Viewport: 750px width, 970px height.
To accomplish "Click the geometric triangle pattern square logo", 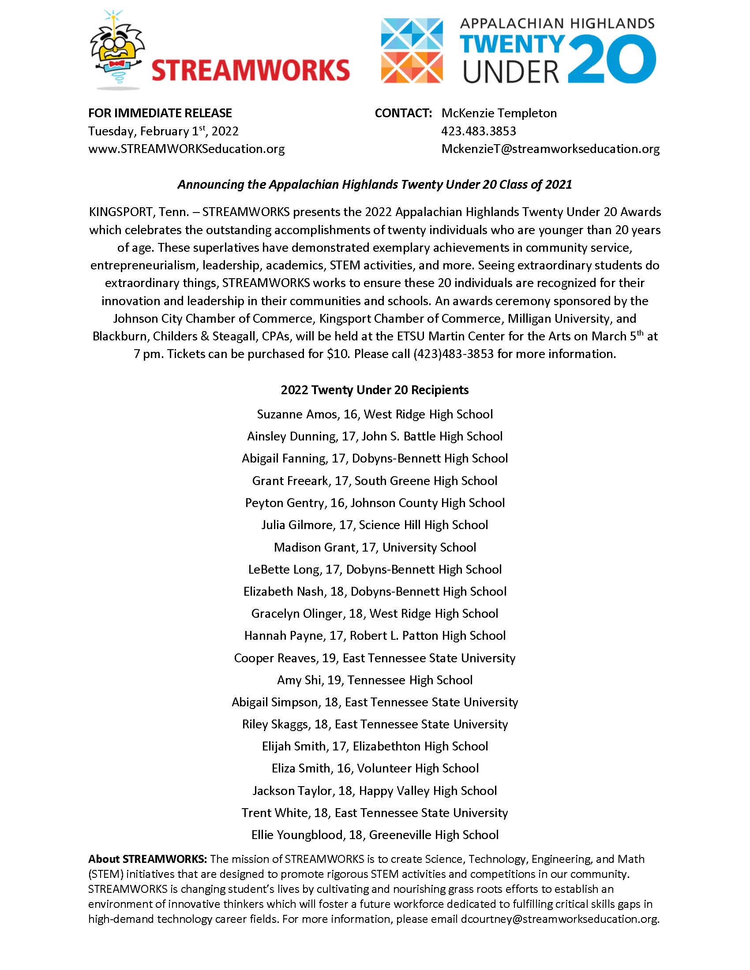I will [x=412, y=50].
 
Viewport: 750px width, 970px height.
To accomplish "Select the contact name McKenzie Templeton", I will [x=499, y=113].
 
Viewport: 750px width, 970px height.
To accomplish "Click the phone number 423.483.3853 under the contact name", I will [x=479, y=131].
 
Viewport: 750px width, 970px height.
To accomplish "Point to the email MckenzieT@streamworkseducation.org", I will [x=550, y=149].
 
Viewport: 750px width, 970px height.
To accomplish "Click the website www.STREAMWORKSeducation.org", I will [x=186, y=149].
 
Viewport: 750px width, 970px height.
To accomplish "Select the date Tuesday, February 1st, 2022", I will [x=163, y=131].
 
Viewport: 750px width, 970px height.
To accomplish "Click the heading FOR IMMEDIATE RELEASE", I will [x=160, y=113].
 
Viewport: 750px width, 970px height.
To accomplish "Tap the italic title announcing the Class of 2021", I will [x=375, y=184].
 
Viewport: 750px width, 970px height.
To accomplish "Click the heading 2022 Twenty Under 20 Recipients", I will [x=375, y=390].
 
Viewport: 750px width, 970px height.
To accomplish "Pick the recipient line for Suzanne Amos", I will [x=375, y=414].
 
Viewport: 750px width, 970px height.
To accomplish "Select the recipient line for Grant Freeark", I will [x=375, y=481].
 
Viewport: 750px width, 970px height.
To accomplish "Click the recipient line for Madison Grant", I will [x=375, y=547].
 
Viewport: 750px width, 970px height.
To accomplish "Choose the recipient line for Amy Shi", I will [x=375, y=680].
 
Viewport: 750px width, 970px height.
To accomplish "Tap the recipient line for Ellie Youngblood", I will [x=375, y=835].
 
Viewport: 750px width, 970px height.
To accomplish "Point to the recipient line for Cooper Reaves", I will [x=375, y=658].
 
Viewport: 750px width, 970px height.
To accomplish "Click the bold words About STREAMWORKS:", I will [x=147, y=859].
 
